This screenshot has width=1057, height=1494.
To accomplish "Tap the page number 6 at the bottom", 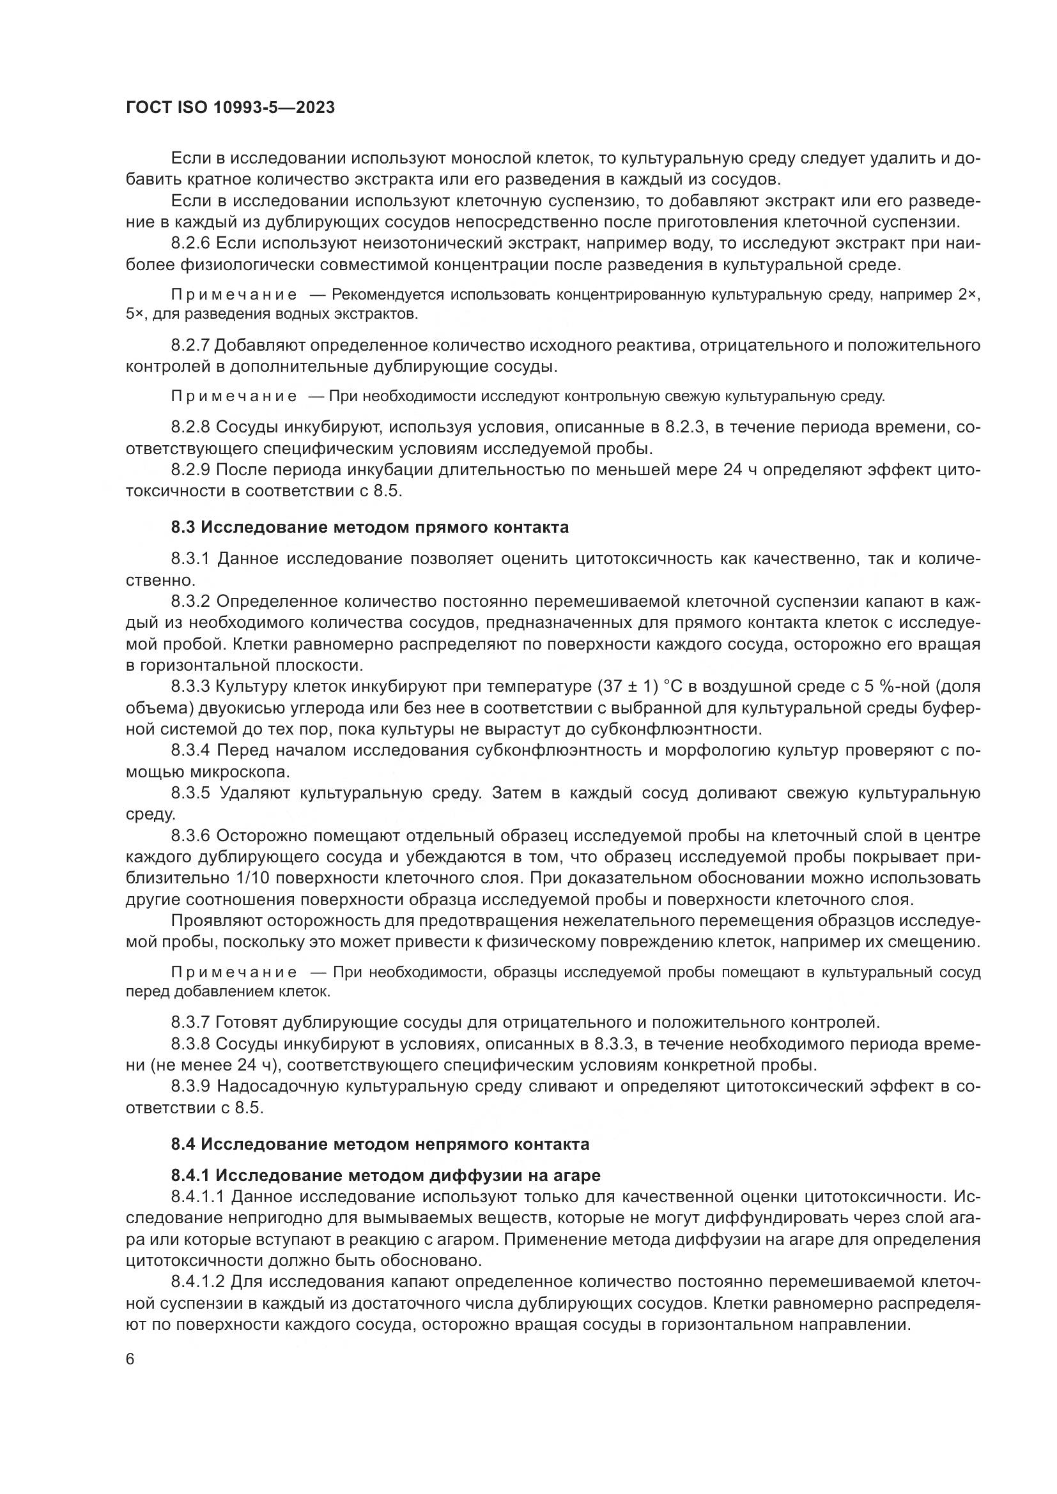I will point(130,1359).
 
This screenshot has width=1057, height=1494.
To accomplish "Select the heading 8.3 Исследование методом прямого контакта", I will point(369,527).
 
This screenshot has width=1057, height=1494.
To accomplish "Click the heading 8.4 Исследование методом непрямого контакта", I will point(380,1144).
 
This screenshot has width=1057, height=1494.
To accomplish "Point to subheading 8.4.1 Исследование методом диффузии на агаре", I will point(385,1175).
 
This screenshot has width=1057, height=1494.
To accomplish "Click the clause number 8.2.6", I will point(190,244).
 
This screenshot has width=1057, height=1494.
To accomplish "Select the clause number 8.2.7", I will point(190,345).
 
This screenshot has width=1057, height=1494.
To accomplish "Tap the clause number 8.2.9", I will point(190,470).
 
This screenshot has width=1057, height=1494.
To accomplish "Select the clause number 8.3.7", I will point(190,1021).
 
